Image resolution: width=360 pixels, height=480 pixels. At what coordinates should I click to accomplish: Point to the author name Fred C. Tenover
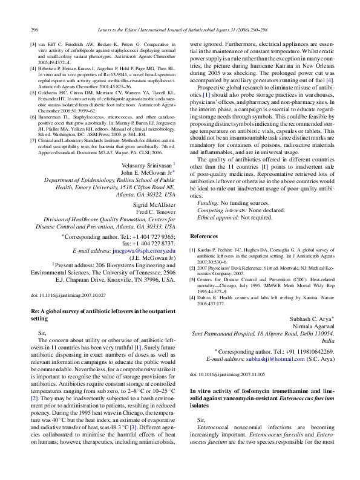tap(152, 213)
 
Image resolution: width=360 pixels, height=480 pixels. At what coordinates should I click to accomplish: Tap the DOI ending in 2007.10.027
tap(68, 294)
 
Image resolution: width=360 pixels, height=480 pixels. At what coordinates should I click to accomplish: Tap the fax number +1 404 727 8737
tap(157, 242)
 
